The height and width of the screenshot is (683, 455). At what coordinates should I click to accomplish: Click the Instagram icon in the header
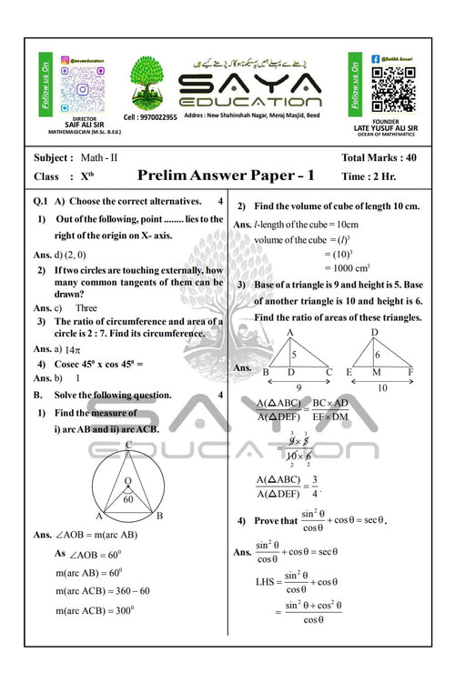pos(65,60)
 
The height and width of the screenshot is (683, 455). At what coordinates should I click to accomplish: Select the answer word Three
pos(86,308)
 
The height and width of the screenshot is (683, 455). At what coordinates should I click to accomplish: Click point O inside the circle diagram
pos(128,481)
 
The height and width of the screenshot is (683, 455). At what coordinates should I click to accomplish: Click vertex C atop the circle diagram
pos(129,445)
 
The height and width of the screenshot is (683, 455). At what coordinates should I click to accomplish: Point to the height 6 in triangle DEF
pos(376,356)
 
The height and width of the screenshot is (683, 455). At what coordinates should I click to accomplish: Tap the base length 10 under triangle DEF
pos(381,387)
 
